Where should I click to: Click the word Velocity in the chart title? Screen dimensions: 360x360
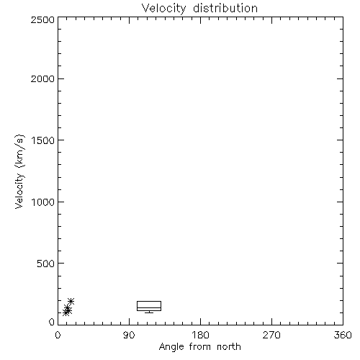pos(163,9)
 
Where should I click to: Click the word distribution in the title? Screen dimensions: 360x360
pos(225,8)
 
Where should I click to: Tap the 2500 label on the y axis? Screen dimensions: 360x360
pos(42,19)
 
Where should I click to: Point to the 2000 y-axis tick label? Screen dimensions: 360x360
pos(42,79)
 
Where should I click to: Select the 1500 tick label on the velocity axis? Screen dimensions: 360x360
pos(43,140)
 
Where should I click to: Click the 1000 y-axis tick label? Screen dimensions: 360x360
pos(43,202)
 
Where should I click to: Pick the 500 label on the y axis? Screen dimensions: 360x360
pos(45,264)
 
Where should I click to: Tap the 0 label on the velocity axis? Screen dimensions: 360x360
pos(52,322)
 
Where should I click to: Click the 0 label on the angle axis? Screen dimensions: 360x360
pos(58,335)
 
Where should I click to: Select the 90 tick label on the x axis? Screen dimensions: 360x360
pos(129,335)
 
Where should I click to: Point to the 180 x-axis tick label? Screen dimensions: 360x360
pos(200,335)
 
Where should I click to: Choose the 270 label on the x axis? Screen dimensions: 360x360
pos(271,335)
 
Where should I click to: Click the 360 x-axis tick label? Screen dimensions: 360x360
pos(343,335)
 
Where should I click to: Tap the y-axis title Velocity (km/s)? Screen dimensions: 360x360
pos(19,171)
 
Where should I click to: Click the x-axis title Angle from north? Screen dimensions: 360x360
pos(200,347)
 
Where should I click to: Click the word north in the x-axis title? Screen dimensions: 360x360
pos(229,347)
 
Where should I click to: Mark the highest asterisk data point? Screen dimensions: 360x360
pos(71,301)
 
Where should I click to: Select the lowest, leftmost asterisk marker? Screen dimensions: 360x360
pos(66,312)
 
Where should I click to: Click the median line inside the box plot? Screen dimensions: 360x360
pos(149,307)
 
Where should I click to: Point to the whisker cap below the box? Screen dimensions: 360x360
pos(149,312)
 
